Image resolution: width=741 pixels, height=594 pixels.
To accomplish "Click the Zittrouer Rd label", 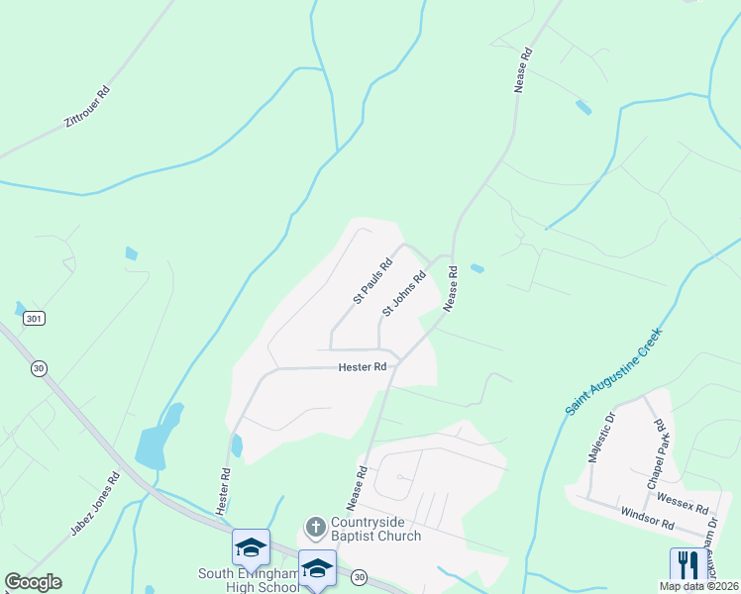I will click(86, 106).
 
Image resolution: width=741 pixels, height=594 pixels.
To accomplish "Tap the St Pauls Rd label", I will click(373, 281).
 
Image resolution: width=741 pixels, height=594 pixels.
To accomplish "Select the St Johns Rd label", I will click(402, 293).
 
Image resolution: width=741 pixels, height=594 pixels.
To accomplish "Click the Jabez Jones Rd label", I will click(95, 504).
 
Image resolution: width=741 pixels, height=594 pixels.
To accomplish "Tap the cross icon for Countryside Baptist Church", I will click(315, 526).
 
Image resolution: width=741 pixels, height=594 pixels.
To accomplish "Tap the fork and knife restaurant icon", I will click(684, 564).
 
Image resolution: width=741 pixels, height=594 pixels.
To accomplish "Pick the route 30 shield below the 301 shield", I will click(39, 368).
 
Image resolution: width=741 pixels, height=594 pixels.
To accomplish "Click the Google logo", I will click(33, 582).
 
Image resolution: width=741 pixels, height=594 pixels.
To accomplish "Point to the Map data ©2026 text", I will click(697, 586).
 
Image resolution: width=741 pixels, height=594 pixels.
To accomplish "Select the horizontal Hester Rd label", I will click(363, 366).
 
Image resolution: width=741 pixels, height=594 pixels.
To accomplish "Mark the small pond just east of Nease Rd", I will click(478, 268).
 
